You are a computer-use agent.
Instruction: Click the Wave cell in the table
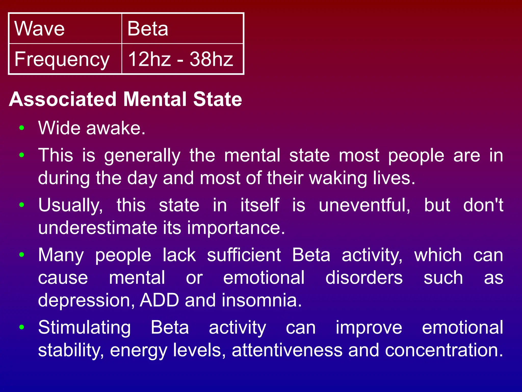(65, 29)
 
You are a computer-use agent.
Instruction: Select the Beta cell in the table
(182, 29)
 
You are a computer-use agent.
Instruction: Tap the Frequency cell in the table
(65, 59)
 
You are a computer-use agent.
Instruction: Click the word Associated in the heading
(63, 99)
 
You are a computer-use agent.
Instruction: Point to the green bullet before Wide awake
(22, 128)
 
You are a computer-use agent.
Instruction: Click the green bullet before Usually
(22, 205)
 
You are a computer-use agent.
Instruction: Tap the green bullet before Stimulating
(22, 327)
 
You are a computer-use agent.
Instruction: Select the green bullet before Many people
(22, 254)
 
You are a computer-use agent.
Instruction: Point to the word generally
(142, 156)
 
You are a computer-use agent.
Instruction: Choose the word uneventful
(364, 205)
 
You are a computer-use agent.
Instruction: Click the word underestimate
(97, 228)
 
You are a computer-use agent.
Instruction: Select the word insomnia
(262, 300)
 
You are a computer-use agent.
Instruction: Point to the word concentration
(444, 350)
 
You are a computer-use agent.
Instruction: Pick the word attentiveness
(287, 350)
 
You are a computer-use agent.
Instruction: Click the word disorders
(364, 278)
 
